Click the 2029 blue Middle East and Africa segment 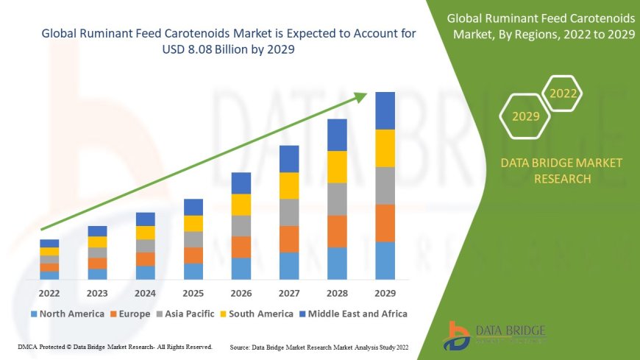click(x=385, y=110)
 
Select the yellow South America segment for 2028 click(x=337, y=167)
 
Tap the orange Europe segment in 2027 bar click(x=289, y=239)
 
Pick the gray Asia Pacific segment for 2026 click(x=241, y=226)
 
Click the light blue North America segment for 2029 click(x=385, y=261)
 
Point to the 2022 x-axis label click(x=49, y=292)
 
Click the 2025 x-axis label click(x=193, y=292)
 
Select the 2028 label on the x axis click(x=337, y=292)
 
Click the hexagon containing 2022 click(x=563, y=93)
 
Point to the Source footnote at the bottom click(x=320, y=346)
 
